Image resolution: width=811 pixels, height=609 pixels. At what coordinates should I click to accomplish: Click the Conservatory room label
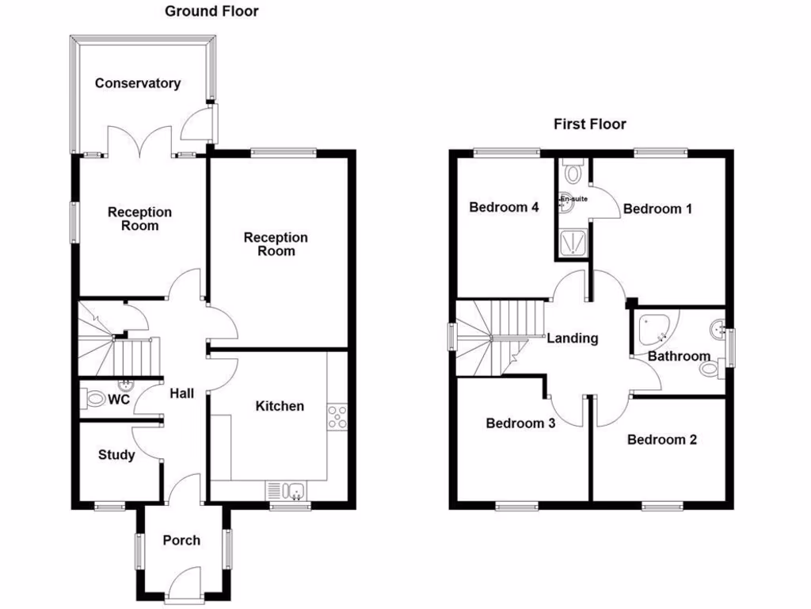click(138, 83)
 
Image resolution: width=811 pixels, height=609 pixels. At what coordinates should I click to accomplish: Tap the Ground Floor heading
click(211, 11)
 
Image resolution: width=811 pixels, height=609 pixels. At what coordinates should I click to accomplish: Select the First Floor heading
click(589, 124)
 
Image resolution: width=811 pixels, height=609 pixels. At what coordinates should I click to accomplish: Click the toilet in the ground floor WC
click(96, 399)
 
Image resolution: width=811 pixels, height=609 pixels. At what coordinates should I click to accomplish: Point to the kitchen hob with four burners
click(337, 416)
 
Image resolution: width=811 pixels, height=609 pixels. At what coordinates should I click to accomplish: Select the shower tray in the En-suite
click(570, 242)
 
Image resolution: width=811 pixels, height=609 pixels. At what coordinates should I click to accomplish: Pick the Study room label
click(116, 455)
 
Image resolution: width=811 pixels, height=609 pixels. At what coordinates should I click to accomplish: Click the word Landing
click(573, 339)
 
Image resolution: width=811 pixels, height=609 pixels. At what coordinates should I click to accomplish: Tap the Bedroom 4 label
click(504, 208)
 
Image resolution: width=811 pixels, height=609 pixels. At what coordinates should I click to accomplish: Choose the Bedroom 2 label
click(662, 439)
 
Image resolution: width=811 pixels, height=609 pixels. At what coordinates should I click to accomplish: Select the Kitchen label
click(280, 406)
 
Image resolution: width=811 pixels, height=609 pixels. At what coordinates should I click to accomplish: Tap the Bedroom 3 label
click(520, 423)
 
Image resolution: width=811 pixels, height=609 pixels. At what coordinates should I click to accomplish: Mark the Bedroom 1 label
click(658, 209)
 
